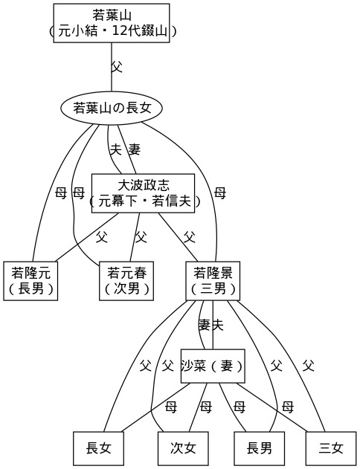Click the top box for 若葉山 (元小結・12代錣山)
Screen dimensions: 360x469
[x=112, y=23]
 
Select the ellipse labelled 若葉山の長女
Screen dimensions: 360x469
[x=112, y=108]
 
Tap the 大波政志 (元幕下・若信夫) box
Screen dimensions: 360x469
[x=143, y=193]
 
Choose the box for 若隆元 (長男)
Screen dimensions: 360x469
[x=30, y=281]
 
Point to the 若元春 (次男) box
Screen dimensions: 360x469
[x=126, y=281]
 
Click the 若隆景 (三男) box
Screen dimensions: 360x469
[x=213, y=281]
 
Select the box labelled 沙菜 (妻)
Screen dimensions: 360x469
[x=213, y=366]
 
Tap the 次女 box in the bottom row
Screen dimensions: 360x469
[x=183, y=448]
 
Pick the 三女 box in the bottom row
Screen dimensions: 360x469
[x=331, y=448]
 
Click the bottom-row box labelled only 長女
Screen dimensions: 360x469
[x=98, y=448]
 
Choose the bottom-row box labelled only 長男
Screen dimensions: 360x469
[x=259, y=448]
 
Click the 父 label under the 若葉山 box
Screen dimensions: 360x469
[x=117, y=67]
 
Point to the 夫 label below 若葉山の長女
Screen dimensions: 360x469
[x=116, y=149]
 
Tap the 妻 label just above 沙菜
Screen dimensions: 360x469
[x=205, y=325]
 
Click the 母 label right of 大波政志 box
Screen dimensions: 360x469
[x=220, y=193]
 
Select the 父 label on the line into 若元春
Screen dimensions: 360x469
[x=141, y=237]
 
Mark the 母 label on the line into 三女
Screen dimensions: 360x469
[x=288, y=407]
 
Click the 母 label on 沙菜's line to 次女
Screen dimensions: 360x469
[x=206, y=407]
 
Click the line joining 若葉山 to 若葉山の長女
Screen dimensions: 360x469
[x=112, y=67]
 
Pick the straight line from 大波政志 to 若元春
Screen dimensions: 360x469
[x=135, y=237]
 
